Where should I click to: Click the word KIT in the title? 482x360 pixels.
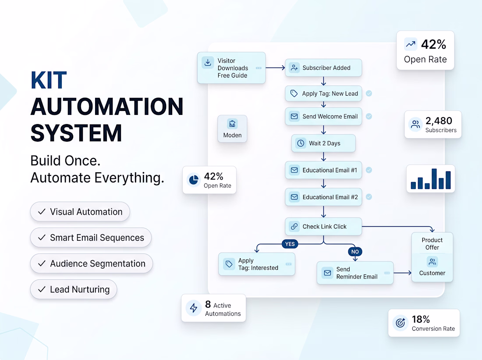click(49, 80)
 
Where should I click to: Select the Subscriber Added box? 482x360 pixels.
click(323, 68)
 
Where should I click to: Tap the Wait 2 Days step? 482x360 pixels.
click(323, 143)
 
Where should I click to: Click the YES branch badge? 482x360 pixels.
click(290, 244)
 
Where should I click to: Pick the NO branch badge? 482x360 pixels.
click(355, 252)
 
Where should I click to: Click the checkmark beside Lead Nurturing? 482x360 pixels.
click(42, 289)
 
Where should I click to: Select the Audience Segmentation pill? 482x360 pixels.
click(91, 264)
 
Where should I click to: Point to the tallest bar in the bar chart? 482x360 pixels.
click(434, 178)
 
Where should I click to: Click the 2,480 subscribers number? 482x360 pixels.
click(439, 121)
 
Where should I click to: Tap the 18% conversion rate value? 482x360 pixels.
click(421, 319)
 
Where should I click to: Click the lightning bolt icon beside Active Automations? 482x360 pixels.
click(194, 308)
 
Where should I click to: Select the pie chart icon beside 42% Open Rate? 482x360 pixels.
click(194, 180)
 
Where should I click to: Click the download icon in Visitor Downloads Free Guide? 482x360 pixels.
click(208, 62)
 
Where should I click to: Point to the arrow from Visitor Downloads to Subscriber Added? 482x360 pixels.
click(276, 68)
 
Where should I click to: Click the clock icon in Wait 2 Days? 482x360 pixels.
click(301, 143)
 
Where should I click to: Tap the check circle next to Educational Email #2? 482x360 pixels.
click(369, 197)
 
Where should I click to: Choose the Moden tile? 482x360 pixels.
click(232, 128)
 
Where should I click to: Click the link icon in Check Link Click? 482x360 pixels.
click(294, 226)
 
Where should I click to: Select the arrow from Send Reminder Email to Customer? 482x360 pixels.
click(402, 273)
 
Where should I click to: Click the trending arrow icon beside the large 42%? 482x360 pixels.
click(411, 44)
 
